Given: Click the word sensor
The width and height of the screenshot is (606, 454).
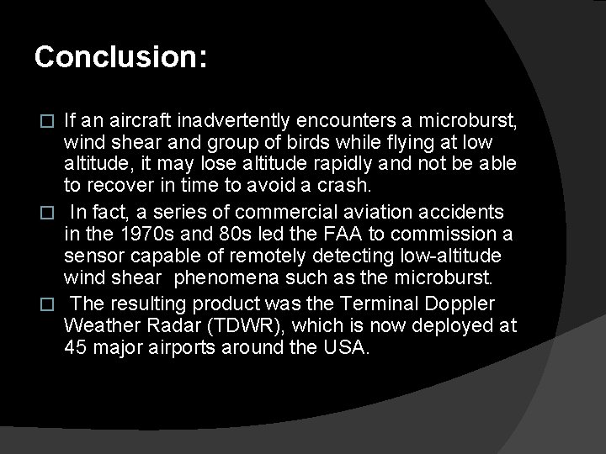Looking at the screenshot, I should pos(91,255).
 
